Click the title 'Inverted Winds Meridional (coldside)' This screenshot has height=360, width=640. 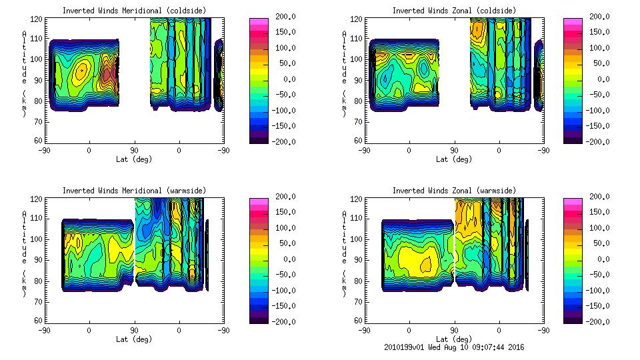point(134,11)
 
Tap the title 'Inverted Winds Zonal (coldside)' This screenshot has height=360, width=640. point(454,11)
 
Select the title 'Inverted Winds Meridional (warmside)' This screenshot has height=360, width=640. point(134,191)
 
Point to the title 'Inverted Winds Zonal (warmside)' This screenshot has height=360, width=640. point(454,191)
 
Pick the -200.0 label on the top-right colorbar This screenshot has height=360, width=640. point(600,142)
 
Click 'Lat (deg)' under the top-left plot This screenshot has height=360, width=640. point(134,159)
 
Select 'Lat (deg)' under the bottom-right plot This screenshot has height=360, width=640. point(454,339)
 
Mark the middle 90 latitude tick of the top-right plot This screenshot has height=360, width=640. point(454,151)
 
